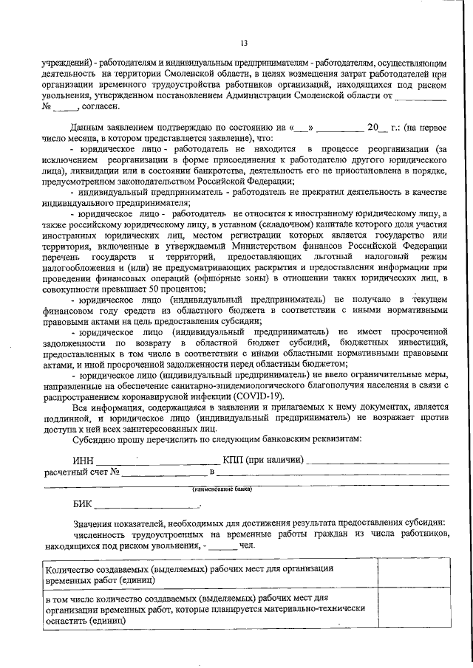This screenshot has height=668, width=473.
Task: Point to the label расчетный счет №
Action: pyautogui.click(x=82, y=472)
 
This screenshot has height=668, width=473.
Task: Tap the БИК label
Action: pyautogui.click(x=84, y=505)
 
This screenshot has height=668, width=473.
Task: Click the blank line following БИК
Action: pyautogui.click(x=148, y=508)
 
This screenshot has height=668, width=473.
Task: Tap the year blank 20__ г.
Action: pyautogui.click(x=380, y=128)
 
